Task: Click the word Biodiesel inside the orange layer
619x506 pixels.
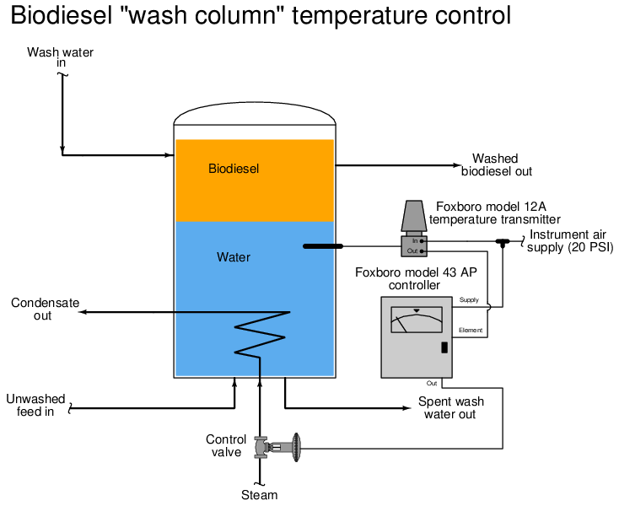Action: [234, 169]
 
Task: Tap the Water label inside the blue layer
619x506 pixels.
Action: [234, 257]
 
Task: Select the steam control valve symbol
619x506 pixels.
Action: [277, 447]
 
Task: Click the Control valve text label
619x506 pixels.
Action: [226, 445]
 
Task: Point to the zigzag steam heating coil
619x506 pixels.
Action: [261, 334]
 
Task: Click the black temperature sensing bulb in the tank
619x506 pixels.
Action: [322, 246]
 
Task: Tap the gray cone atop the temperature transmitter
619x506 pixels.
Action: [414, 216]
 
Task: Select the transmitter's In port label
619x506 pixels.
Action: [415, 240]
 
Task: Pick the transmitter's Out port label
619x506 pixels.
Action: [412, 251]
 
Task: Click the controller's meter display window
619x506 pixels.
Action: [417, 320]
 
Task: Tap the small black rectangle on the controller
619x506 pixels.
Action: [444, 347]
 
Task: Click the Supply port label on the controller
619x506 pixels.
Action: [469, 300]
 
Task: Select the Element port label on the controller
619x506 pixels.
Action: [471, 330]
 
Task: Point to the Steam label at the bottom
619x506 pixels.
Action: [260, 495]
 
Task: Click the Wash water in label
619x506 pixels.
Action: [61, 57]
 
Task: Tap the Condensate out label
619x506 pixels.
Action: [45, 309]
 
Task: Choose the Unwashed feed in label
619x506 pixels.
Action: [35, 405]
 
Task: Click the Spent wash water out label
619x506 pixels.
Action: [451, 407]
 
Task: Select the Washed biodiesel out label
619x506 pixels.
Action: [497, 164]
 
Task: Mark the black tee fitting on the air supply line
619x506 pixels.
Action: [503, 243]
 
